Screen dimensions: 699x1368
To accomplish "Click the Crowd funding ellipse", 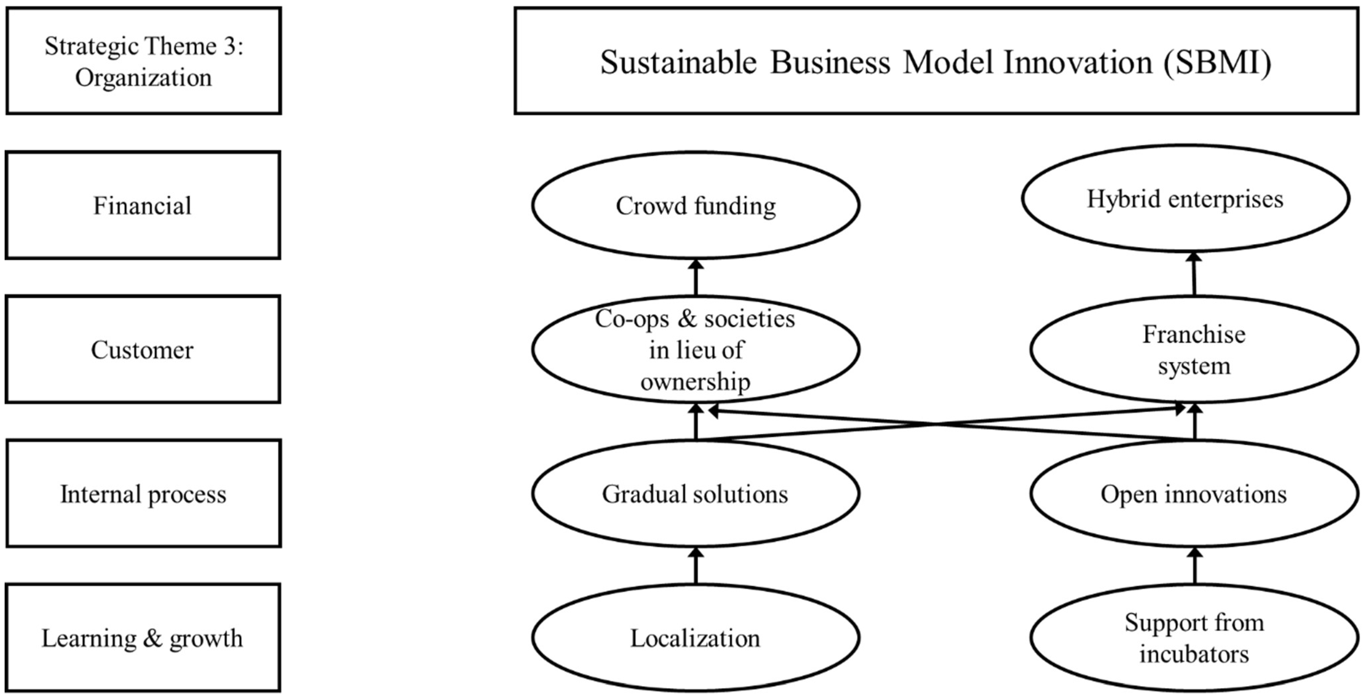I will [x=696, y=205].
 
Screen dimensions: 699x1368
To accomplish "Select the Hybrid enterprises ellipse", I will [x=1185, y=199].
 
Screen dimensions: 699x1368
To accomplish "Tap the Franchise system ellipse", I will [x=1194, y=349].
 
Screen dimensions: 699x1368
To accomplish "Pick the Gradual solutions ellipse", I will [x=695, y=494].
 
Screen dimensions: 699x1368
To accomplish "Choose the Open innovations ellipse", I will [x=1194, y=494].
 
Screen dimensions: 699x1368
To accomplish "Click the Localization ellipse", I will [x=695, y=638].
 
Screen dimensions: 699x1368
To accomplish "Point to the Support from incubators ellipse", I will [x=1194, y=638].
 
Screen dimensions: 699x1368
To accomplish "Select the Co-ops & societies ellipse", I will [x=695, y=349].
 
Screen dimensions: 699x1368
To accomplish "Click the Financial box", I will [x=143, y=205].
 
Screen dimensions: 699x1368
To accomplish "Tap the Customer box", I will [x=143, y=349].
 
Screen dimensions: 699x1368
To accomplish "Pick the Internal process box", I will [x=143, y=494].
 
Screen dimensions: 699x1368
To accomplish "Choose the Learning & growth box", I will [x=143, y=638].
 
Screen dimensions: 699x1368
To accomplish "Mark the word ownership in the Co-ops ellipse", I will [x=695, y=381].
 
